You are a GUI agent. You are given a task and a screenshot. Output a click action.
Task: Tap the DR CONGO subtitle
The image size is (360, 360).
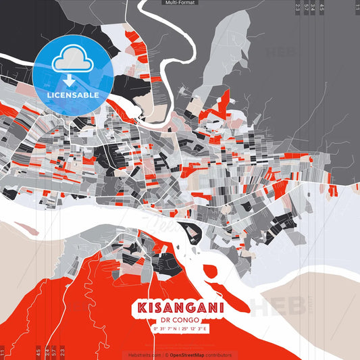pos(180,320)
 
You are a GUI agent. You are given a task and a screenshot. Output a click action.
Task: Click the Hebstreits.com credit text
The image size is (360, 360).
pos(144,355)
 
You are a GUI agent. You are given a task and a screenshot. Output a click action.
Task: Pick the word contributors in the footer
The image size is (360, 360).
pos(219,355)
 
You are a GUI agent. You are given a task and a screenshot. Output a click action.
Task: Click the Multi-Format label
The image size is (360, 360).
pos(180,3)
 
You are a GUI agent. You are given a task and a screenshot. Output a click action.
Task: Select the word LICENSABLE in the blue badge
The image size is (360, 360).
pos(74,95)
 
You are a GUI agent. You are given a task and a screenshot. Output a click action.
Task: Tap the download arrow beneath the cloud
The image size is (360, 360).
pos(68,81)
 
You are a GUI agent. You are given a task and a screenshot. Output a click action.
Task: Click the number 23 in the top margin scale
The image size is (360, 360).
pos(298,8)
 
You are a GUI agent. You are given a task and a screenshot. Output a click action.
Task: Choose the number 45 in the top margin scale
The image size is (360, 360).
pos(322,8)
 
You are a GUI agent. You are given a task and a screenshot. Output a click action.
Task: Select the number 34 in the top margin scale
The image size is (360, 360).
pos(313,8)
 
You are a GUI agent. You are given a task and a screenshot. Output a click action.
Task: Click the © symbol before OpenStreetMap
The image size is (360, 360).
pos(165,355)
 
